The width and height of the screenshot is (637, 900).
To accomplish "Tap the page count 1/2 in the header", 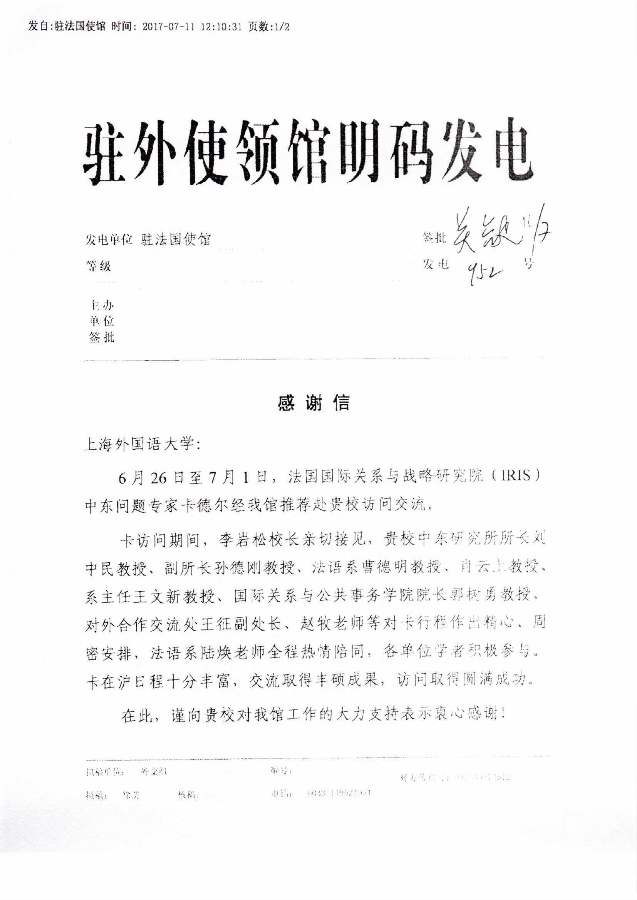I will tap(279, 27).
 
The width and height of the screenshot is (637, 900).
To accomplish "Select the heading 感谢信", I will tap(313, 403).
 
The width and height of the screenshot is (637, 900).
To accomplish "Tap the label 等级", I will tap(99, 266).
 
